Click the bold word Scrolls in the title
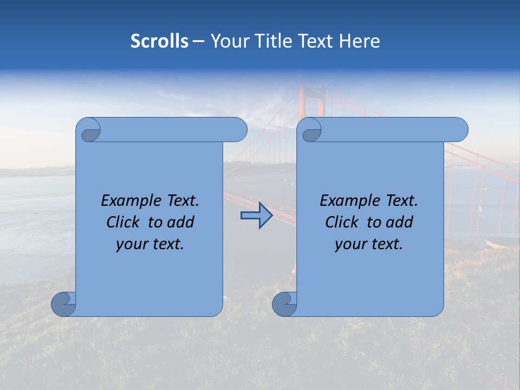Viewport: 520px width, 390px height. pyautogui.click(x=159, y=41)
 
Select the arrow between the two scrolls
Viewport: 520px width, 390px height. pyautogui.click(x=256, y=216)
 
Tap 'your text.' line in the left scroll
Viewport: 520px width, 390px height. pyautogui.click(x=150, y=244)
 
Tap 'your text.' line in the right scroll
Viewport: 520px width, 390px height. pyautogui.click(x=369, y=244)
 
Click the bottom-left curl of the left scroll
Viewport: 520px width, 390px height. pyautogui.click(x=63, y=304)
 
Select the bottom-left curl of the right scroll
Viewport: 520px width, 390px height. pyautogui.click(x=284, y=304)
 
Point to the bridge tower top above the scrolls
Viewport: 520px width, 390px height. pyautogui.click(x=313, y=89)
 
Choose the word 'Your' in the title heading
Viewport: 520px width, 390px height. pyautogui.click(x=228, y=41)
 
